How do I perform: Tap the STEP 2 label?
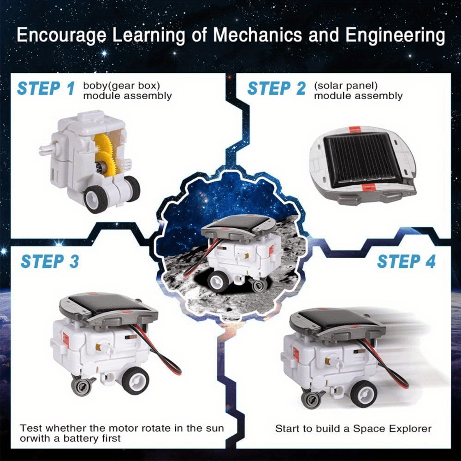[x=277, y=88]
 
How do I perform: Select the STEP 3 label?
[x=50, y=261]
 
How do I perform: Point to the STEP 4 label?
[x=406, y=261]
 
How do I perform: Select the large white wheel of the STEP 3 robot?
[x=135, y=380]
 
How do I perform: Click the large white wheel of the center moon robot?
[x=217, y=281]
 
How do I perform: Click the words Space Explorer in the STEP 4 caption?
[x=392, y=429]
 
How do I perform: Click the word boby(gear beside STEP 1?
[x=105, y=86]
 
